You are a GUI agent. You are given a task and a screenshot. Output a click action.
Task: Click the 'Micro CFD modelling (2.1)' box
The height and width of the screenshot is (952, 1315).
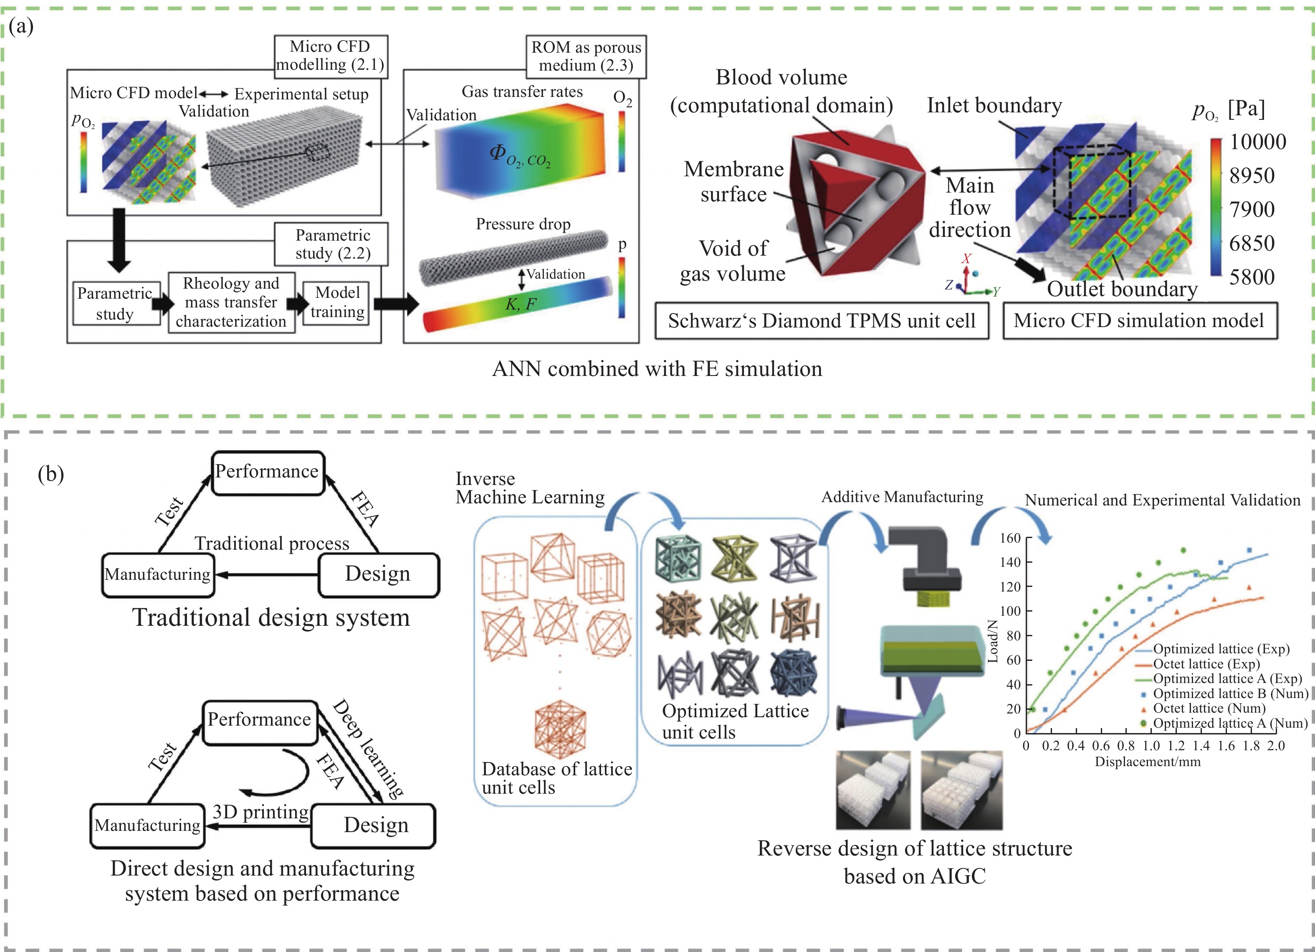(x=330, y=56)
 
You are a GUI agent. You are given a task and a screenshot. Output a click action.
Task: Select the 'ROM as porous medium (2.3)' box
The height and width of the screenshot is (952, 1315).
(x=586, y=56)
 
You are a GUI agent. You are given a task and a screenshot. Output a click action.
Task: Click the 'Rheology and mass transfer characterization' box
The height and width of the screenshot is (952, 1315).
(x=231, y=302)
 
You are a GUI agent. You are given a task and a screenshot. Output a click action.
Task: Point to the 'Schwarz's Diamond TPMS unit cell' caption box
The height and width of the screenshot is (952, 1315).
(x=821, y=321)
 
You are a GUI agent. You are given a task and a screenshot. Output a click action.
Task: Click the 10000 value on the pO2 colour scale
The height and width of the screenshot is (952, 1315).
(x=1257, y=142)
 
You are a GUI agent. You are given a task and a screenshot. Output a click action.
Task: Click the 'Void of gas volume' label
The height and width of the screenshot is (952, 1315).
(x=733, y=261)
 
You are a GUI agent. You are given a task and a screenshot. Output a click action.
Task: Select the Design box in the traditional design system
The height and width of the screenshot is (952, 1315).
(x=378, y=574)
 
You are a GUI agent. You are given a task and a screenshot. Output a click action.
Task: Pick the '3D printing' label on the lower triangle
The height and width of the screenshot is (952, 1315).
(x=260, y=812)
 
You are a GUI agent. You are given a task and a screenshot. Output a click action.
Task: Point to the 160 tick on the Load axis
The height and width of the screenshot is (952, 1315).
(x=1009, y=538)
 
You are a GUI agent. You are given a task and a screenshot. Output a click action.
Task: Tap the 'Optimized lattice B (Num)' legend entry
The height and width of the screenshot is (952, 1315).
(x=1230, y=693)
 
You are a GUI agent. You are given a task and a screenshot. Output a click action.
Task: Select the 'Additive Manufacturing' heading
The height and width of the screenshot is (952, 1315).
(x=902, y=497)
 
